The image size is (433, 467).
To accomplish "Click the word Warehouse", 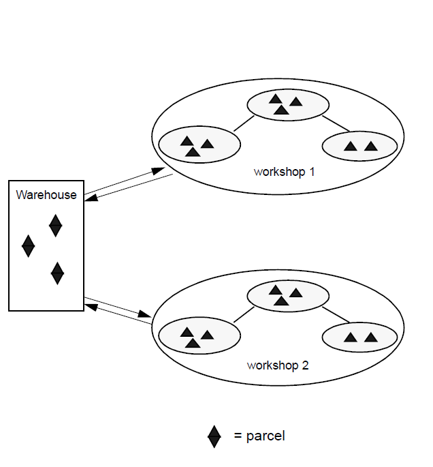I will tap(46, 195).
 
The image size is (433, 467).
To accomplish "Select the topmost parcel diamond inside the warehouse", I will tap(55, 225).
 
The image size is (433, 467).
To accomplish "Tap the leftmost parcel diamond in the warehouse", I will tap(28, 245).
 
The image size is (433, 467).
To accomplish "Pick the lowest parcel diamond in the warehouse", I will tap(58, 273).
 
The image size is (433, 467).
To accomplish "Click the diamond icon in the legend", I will tap(214, 436).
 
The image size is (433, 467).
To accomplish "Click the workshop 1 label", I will tap(284, 172).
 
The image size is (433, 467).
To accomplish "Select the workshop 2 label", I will tap(278, 365).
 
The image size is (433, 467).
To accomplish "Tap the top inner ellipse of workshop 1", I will tap(287, 104).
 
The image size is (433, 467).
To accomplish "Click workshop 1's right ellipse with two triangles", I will tap(359, 145).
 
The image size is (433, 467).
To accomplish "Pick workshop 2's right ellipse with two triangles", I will tap(359, 337).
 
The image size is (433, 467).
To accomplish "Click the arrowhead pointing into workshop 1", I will tap(158, 170).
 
